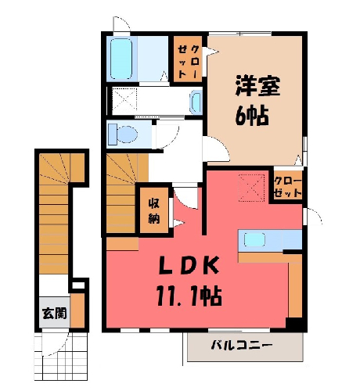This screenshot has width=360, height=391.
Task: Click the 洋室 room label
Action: (x=257, y=86)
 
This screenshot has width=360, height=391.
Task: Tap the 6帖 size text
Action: (x=252, y=116)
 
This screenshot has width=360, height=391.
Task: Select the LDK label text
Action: (x=189, y=265)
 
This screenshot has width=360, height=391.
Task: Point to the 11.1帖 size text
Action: (x=189, y=296)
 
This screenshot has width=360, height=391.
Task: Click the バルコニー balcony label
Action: (x=242, y=346)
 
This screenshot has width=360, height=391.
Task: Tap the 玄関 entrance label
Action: (x=55, y=313)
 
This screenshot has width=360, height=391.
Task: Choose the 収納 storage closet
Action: (x=154, y=210)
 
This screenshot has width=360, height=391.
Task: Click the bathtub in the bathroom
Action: (x=121, y=59)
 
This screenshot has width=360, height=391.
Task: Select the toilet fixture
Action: (x=123, y=135)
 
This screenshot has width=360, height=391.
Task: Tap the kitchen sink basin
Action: (x=254, y=240)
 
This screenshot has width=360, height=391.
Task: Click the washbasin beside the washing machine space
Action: (x=196, y=102)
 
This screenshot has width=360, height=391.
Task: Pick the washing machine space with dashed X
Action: (x=124, y=100)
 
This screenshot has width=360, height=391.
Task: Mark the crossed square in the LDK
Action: (x=252, y=188)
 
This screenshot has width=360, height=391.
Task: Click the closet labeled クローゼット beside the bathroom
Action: (x=188, y=59)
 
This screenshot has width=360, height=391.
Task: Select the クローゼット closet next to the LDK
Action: (x=288, y=185)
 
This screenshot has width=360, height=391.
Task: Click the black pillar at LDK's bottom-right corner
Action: (x=295, y=325)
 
